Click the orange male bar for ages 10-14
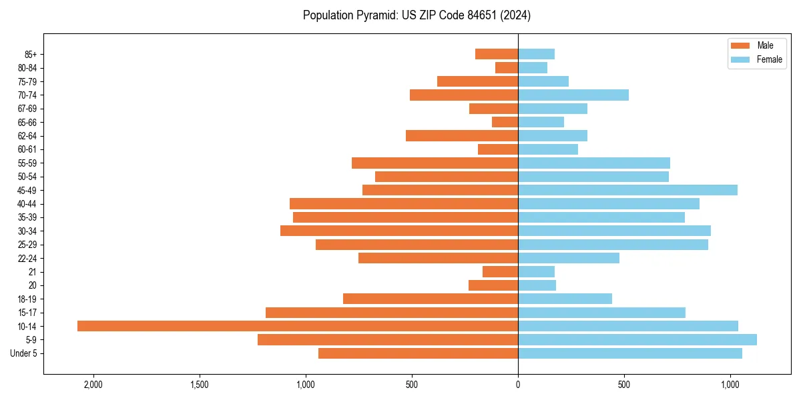[297, 326]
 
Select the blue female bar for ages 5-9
[637, 339]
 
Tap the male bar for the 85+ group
[497, 54]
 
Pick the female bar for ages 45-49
[627, 190]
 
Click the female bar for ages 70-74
[573, 95]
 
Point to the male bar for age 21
[500, 271]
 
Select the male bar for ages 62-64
[462, 135]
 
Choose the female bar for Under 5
[629, 353]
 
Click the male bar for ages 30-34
[399, 231]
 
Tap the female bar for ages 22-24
[568, 258]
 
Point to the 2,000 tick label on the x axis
[93, 385]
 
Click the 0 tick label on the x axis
[518, 385]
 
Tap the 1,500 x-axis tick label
[199, 385]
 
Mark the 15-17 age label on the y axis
[27, 313]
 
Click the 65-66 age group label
[27, 122]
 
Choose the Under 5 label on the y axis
[23, 353]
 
